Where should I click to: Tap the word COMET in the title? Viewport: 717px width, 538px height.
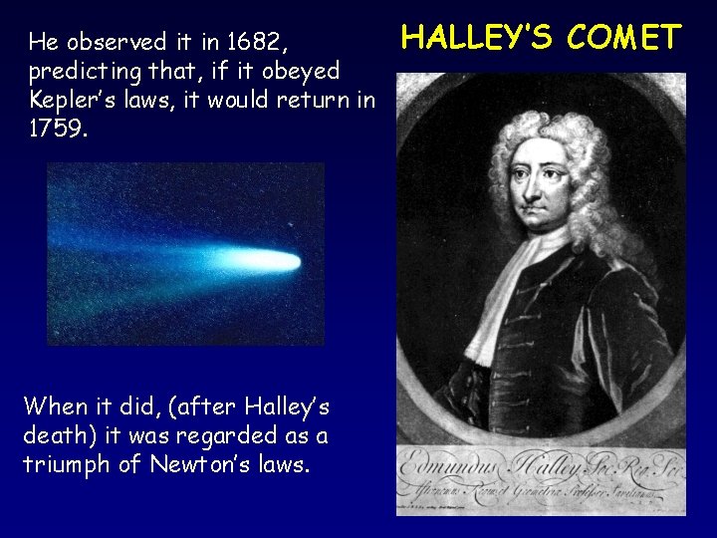623,38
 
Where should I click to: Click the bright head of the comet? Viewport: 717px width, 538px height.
280,261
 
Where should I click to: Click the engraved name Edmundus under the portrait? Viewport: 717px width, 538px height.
454,468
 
